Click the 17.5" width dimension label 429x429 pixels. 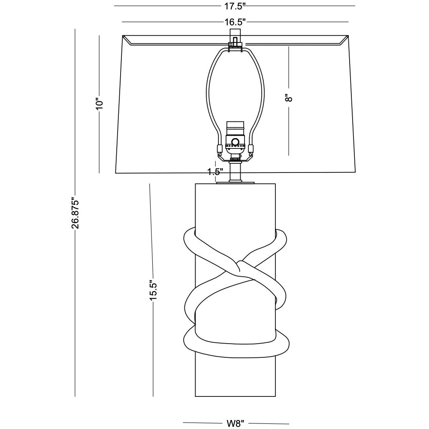pos(235,6)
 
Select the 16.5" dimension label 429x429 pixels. pos(235,22)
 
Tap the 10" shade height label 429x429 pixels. pos(100,104)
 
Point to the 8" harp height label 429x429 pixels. pos(289,98)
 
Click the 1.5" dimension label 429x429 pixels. pos(215,172)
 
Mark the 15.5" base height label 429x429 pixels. pos(153,291)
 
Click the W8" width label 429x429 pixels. pos(235,423)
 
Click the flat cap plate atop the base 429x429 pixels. pos(235,183)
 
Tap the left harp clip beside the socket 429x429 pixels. pos(219,149)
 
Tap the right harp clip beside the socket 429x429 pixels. pos(251,149)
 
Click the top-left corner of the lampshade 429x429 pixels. pos(123,36)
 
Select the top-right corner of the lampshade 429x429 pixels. pos(348,36)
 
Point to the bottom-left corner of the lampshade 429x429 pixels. pos(115,173)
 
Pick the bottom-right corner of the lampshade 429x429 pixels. pos(355,173)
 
